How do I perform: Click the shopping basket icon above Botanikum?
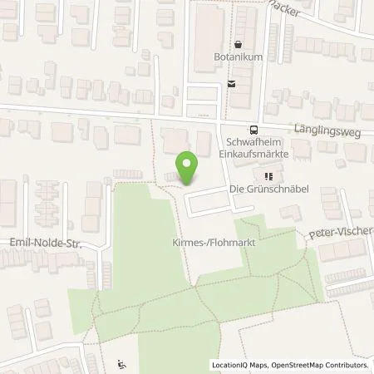point(239,44)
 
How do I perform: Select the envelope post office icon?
point(232,82)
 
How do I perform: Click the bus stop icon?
point(253,129)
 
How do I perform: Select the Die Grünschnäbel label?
point(268,189)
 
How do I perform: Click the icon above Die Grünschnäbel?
point(268,176)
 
